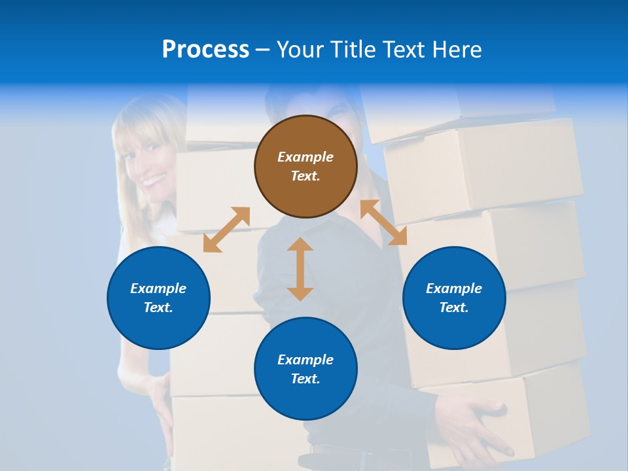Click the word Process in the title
205,50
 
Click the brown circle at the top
305,166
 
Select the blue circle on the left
158,298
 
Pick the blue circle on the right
454,298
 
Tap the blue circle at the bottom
305,369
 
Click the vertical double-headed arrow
300,269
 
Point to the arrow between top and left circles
226,230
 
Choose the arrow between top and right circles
383,222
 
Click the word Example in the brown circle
305,157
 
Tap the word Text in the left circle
158,307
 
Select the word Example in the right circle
454,288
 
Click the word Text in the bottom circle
305,379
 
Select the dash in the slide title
263,50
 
